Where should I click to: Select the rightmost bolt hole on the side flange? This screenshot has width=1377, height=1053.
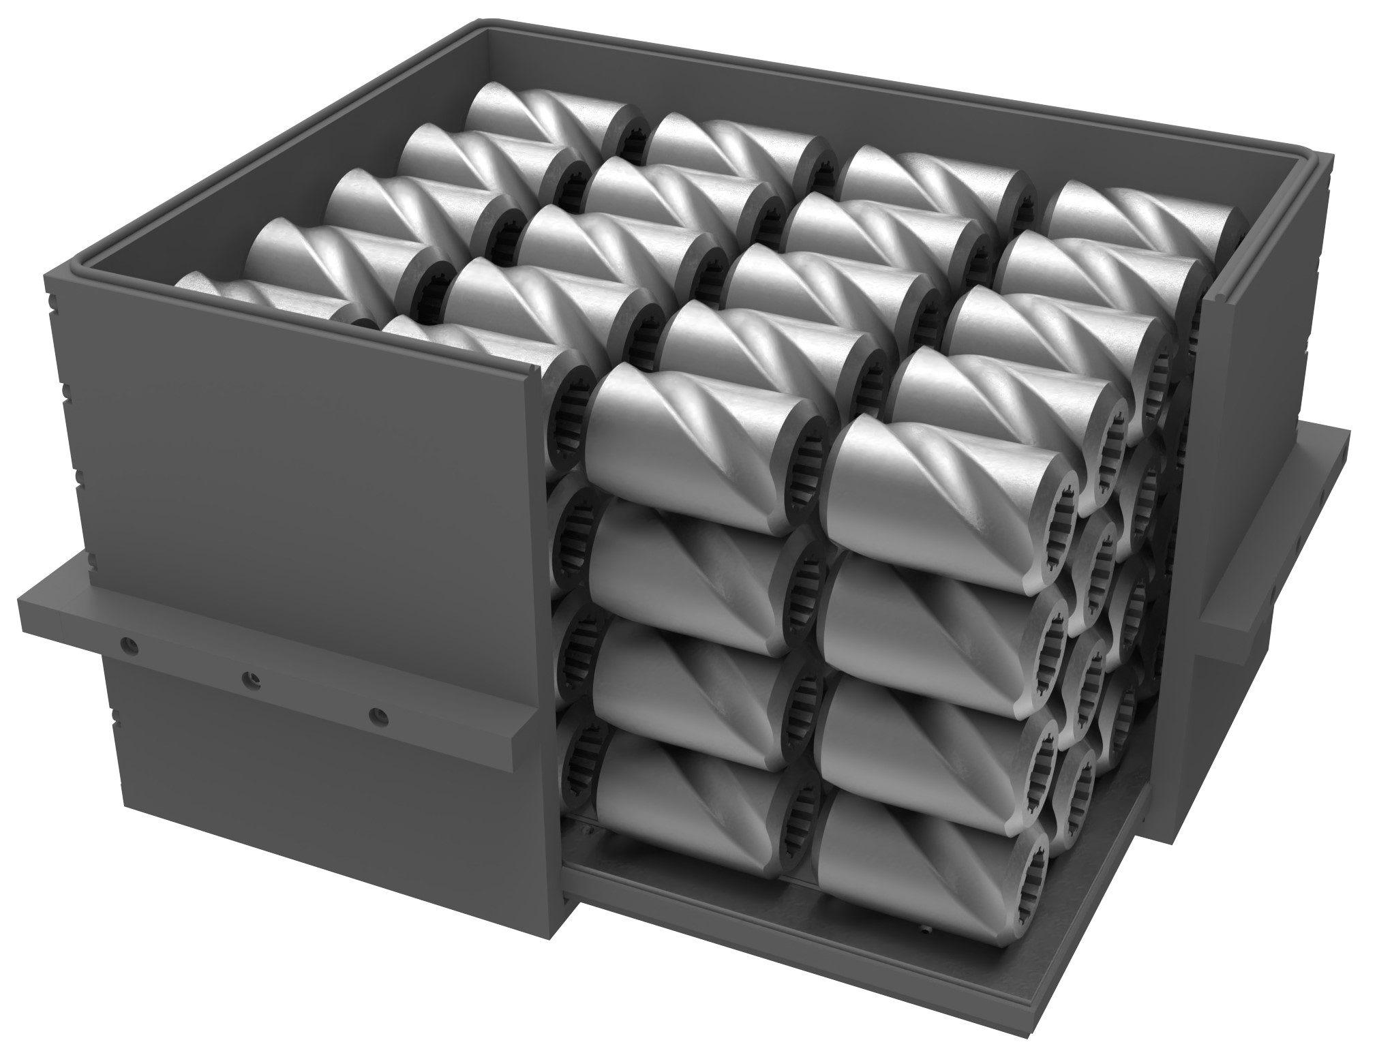pyautogui.click(x=377, y=716)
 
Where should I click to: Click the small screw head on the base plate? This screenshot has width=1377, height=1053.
pyautogui.click(x=923, y=930)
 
